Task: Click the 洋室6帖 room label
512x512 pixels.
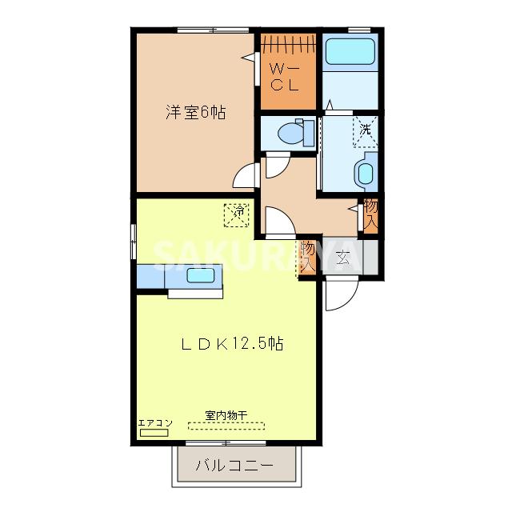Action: [195, 113]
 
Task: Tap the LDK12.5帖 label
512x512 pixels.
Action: [230, 345]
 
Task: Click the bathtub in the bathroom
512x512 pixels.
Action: [352, 54]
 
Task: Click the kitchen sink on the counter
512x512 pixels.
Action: [200, 277]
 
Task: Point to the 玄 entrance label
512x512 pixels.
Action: [343, 258]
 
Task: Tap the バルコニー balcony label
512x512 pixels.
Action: [236, 465]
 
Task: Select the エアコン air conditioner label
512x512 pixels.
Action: [154, 422]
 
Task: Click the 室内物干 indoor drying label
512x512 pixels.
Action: [226, 414]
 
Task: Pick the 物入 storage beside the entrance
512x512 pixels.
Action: [308, 258]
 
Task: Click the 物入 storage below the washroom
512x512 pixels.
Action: [370, 214]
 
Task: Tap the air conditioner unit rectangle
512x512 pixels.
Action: [154, 432]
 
